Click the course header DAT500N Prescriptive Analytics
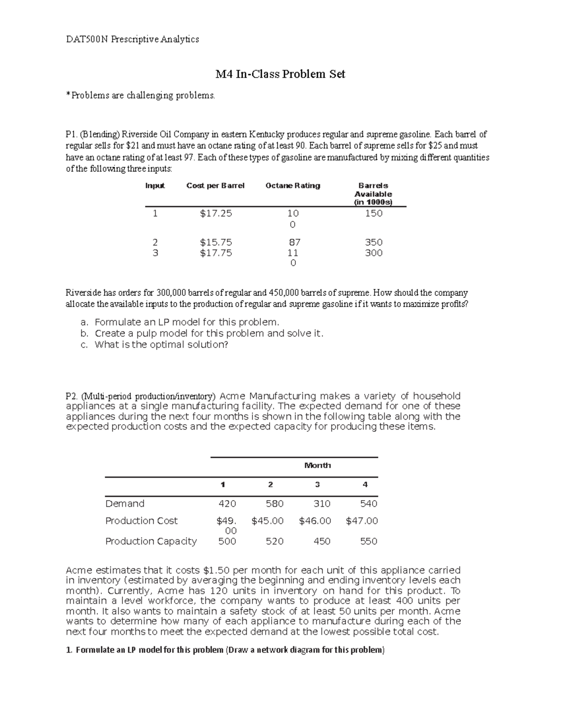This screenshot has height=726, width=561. tap(132, 39)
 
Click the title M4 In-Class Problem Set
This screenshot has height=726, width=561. tap(280, 74)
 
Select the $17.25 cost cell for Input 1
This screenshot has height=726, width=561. tap(216, 214)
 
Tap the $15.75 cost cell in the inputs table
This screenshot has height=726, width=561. tap(216, 242)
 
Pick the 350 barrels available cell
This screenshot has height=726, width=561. tap(374, 242)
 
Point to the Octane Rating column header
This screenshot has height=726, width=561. tap(293, 186)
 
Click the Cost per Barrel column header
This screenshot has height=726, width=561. tap(215, 186)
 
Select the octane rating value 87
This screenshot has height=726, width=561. tap(294, 242)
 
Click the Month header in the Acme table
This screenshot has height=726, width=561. tap(317, 465)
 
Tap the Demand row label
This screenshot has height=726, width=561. tap(125, 503)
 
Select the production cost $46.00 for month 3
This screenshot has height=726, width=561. tap(315, 521)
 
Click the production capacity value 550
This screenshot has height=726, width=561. tap(368, 541)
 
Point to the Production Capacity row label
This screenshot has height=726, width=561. tap(151, 541)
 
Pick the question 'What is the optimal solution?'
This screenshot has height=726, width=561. tap(161, 345)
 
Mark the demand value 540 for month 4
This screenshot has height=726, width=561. tap(368, 503)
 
